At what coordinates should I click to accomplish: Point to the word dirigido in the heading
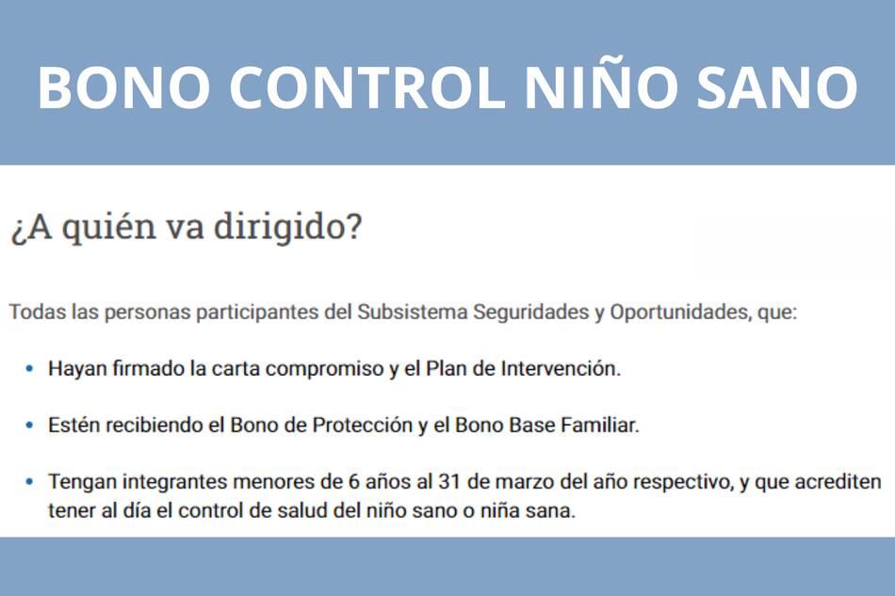(297, 229)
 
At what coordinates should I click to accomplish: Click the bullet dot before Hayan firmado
(29, 368)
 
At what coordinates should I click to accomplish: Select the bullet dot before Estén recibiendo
(29, 425)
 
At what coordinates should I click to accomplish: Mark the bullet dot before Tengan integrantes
(29, 482)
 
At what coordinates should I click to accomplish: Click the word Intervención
(561, 368)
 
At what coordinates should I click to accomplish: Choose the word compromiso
(325, 369)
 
